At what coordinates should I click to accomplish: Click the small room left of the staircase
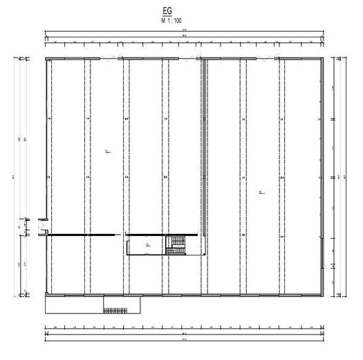146,245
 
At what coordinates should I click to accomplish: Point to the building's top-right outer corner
325,57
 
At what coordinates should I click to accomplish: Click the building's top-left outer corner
45,57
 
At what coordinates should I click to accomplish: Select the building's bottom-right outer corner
325,296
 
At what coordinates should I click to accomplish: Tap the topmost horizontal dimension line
185,33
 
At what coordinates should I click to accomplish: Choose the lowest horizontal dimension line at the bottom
185,339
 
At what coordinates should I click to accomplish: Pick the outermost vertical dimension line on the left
19,177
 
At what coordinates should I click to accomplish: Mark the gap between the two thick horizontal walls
121,235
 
